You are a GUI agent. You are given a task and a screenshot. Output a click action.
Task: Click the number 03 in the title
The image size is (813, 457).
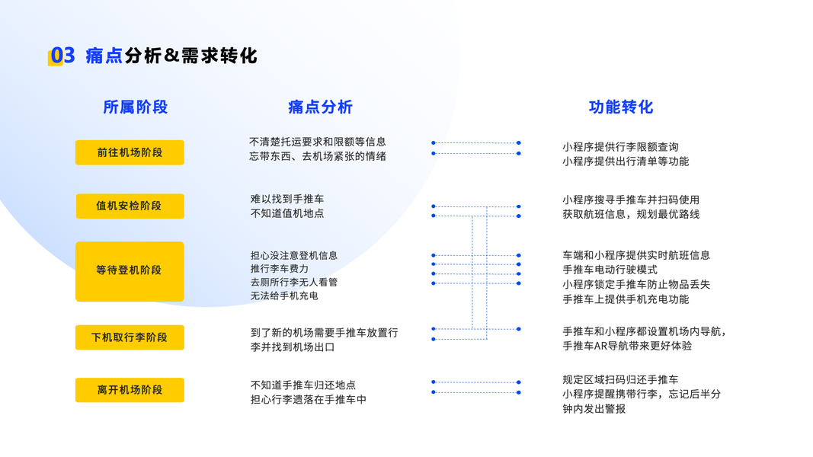point(63,56)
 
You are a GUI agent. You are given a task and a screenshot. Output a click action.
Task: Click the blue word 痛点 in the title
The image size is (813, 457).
point(104,56)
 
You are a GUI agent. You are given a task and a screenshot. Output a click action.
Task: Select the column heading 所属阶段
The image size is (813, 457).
point(135,107)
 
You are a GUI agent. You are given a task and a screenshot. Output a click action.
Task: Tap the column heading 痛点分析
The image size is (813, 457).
point(320,107)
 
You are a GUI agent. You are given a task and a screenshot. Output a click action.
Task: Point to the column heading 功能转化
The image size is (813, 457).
point(621,107)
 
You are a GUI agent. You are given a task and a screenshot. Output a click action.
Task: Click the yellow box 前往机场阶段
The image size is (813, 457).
point(130,152)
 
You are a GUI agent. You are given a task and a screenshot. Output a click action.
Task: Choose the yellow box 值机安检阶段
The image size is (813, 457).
point(130,206)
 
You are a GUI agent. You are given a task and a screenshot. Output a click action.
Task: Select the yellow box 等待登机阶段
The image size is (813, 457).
point(130,270)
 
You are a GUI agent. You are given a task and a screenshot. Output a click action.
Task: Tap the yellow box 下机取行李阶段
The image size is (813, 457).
point(130,337)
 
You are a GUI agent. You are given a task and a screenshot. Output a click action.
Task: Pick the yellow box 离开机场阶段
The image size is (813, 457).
point(130,389)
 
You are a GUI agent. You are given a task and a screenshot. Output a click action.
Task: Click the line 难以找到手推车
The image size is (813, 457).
point(287,200)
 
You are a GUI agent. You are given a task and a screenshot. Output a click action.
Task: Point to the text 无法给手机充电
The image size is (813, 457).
point(284,296)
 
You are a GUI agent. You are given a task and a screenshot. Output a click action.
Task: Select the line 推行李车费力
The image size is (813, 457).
point(280,269)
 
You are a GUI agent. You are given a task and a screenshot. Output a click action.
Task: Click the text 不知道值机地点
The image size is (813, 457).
point(287,214)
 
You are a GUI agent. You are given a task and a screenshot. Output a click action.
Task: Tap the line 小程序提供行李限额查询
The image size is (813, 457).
point(620,147)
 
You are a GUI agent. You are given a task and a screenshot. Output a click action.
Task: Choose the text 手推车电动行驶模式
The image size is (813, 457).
point(610,270)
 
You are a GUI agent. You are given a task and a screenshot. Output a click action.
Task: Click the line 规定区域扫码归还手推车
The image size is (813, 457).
point(620,379)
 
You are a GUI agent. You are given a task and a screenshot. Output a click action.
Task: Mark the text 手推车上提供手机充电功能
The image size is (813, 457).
point(626,299)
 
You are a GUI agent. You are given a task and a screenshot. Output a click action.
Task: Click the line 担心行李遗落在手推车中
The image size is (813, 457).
point(309,399)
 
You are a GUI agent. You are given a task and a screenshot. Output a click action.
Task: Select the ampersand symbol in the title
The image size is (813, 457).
point(171,56)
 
